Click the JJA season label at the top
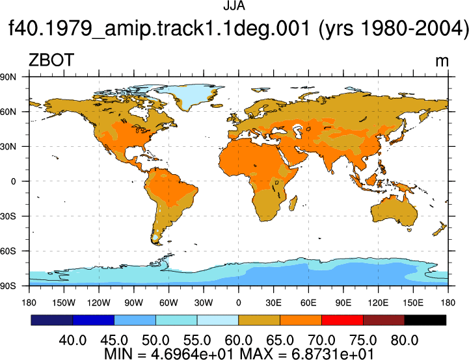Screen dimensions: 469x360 [x=234, y=6]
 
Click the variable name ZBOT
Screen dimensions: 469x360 [x=51, y=60]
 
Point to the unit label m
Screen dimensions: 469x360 [x=442, y=62]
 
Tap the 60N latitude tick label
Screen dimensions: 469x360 [x=8, y=112]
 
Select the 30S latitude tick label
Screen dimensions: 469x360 [x=8, y=216]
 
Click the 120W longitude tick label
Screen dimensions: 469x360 [x=99, y=303]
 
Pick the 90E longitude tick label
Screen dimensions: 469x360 [x=343, y=303]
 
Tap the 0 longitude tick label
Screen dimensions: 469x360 [x=238, y=303]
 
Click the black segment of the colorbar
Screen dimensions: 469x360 [x=425, y=320]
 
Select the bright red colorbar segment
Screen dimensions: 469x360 [x=342, y=320]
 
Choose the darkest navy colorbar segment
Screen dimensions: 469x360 [x=52, y=320]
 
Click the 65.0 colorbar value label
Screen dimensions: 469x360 [x=280, y=341]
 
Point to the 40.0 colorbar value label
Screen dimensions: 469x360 [x=73, y=341]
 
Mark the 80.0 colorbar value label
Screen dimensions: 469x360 [x=405, y=341]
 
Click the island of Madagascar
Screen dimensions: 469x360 [x=293, y=203]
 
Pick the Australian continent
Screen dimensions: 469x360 [x=394, y=211]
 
